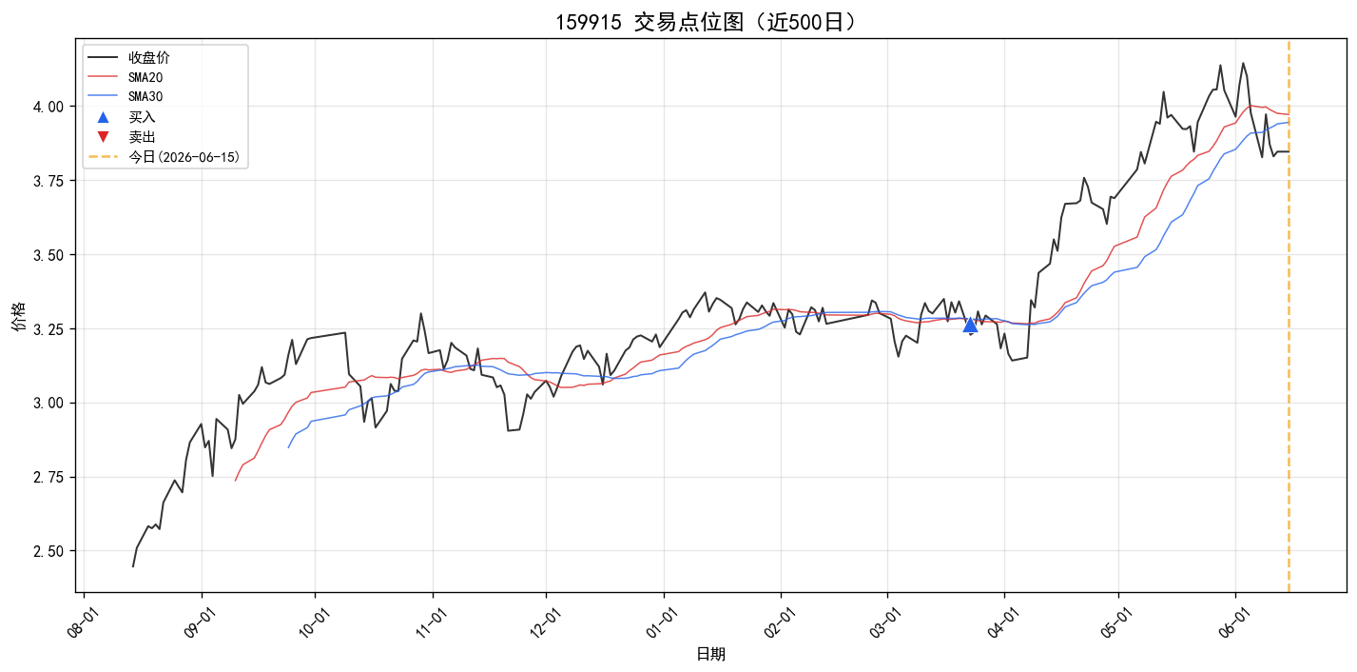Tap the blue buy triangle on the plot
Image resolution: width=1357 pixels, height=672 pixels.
pyautogui.click(x=970, y=326)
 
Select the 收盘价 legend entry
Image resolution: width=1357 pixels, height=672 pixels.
pyautogui.click(x=128, y=58)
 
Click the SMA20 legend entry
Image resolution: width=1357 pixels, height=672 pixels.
pyautogui.click(x=126, y=77)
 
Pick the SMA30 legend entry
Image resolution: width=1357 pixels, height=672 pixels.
pyautogui.click(x=126, y=96)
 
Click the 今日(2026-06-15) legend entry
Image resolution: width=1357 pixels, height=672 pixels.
pyautogui.click(x=165, y=157)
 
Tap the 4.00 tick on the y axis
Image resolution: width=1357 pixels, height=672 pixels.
pyautogui.click(x=48, y=108)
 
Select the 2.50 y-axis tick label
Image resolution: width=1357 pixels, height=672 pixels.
pyautogui.click(x=48, y=552)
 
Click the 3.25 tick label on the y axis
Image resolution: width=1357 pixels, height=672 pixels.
pyautogui.click(x=48, y=330)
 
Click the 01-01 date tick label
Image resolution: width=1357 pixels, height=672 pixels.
pyautogui.click(x=661, y=623)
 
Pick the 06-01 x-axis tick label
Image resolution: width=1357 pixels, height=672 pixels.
pyautogui.click(x=1233, y=623)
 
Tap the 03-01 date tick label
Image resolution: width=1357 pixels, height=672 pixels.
pyautogui.click(x=885, y=623)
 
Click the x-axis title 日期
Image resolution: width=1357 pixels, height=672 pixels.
pyautogui.click(x=710, y=655)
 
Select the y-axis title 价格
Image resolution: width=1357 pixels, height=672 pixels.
pyautogui.click(x=19, y=316)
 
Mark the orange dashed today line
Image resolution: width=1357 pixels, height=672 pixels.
pyautogui.click(x=1289, y=316)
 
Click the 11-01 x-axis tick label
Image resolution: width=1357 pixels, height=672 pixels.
pyautogui.click(x=430, y=623)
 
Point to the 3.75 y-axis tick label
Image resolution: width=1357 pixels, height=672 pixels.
pyautogui.click(x=48, y=182)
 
